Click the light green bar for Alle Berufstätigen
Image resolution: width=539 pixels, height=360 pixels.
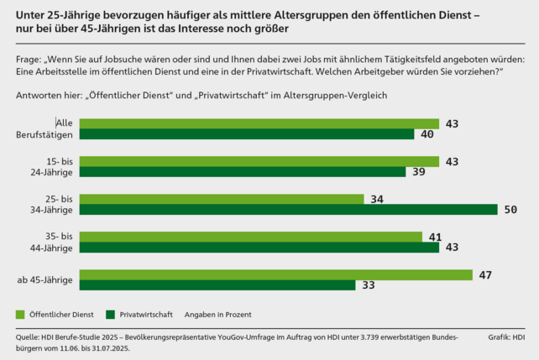click(x=259, y=123)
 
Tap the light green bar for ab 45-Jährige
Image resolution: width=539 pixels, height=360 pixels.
click(x=275, y=274)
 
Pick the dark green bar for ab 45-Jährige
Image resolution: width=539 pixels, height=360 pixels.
click(x=217, y=285)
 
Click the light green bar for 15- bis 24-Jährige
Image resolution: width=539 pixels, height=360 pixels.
click(x=259, y=161)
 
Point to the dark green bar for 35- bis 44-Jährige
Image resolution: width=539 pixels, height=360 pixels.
click(x=259, y=248)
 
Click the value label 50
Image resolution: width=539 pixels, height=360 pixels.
click(x=510, y=210)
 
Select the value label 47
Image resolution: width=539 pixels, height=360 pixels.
click(x=485, y=274)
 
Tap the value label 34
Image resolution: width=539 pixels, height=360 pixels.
click(x=376, y=199)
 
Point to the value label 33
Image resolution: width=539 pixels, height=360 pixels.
click(x=369, y=285)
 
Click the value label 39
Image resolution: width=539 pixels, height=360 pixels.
click(x=419, y=172)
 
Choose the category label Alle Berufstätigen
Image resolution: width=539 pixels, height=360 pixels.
click(x=49, y=128)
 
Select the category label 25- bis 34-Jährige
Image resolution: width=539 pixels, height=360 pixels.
click(x=50, y=204)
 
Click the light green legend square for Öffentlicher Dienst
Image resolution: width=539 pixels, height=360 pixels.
click(x=21, y=314)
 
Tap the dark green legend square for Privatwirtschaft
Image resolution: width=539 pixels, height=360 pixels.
click(x=110, y=314)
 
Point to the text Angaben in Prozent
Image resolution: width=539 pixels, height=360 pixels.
click(x=217, y=315)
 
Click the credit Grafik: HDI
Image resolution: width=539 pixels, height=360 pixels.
click(x=505, y=337)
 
